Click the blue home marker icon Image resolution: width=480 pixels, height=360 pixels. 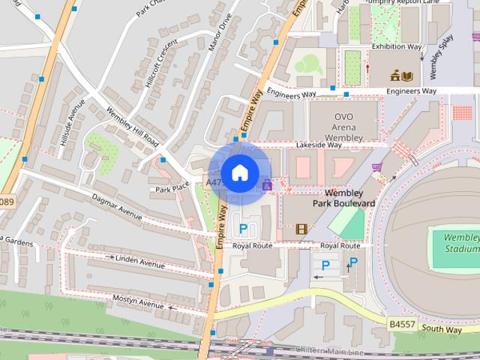(x=239, y=173)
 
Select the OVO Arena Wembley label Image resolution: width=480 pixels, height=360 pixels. (x=343, y=126)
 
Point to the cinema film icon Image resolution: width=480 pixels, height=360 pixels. (x=301, y=229)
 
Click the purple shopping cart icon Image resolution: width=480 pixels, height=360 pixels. (x=377, y=167)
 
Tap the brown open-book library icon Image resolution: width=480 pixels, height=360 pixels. (x=407, y=76)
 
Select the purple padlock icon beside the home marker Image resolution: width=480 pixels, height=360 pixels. (x=266, y=184)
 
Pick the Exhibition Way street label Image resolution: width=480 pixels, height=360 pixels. (x=397, y=46)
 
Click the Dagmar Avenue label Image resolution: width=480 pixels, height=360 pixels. (x=116, y=206)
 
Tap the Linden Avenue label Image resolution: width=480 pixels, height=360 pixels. (x=139, y=261)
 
